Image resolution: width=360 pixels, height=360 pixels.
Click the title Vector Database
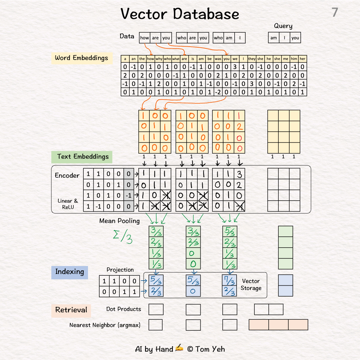[180, 14]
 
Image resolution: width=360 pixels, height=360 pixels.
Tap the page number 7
[335, 13]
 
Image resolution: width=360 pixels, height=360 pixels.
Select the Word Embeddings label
[81, 58]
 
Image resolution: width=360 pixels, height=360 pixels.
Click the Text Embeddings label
[82, 157]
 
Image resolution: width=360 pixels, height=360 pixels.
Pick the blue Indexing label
[69, 272]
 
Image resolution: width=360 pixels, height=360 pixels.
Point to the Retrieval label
[71, 310]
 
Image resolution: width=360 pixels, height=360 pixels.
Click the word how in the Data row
[145, 38]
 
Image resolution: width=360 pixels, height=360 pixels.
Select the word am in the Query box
[274, 38]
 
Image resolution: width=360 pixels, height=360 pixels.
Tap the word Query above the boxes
[283, 26]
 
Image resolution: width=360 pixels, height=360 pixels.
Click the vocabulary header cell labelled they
[252, 59]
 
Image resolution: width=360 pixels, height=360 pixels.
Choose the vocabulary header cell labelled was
[218, 59]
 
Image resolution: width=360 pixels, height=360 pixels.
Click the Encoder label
[67, 176]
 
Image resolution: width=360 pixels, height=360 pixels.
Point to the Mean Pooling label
[119, 221]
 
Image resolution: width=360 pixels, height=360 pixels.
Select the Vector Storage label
[251, 284]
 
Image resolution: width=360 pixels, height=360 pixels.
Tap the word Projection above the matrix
[120, 270]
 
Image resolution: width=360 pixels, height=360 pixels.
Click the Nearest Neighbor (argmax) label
[105, 325]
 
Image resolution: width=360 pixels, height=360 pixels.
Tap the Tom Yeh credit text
[206, 349]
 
